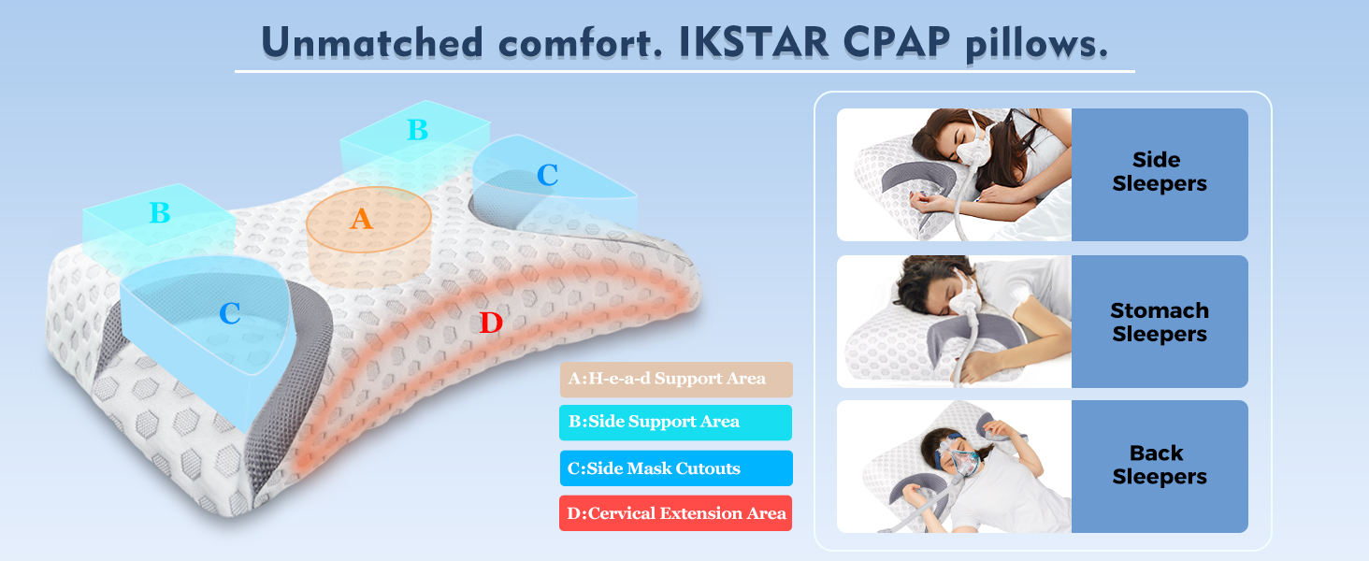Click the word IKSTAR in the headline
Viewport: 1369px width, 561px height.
click(x=755, y=43)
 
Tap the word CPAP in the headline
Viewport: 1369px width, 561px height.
click(x=897, y=43)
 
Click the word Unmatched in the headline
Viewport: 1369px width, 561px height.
click(x=371, y=43)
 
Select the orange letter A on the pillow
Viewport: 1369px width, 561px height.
click(x=361, y=219)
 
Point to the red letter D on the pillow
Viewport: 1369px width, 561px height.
click(x=491, y=322)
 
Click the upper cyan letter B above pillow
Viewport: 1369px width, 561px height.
click(x=417, y=130)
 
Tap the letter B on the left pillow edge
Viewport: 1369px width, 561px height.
click(x=160, y=212)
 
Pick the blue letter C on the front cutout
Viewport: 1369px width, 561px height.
click(x=230, y=313)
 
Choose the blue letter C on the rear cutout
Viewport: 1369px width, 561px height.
click(x=547, y=176)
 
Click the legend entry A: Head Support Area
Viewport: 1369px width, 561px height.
click(x=677, y=379)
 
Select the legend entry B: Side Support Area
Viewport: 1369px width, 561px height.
click(x=675, y=423)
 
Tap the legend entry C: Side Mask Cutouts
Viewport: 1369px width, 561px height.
click(x=677, y=468)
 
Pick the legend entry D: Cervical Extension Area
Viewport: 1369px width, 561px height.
click(x=675, y=513)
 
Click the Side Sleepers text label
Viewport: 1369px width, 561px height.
click(x=1160, y=172)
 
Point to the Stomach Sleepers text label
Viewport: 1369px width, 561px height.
click(x=1160, y=322)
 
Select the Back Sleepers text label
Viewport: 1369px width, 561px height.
click(x=1160, y=465)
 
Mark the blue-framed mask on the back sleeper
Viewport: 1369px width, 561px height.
click(x=958, y=455)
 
